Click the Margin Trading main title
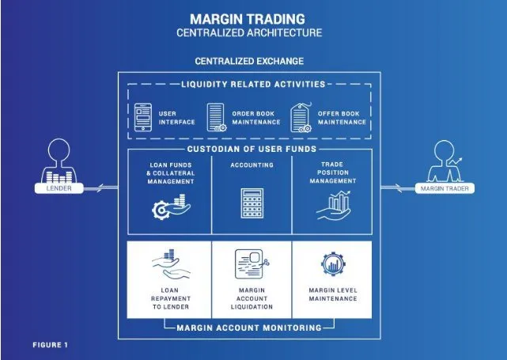pyautogui.click(x=248, y=19)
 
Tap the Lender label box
pyautogui.click(x=59, y=188)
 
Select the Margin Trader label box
pyautogui.click(x=445, y=188)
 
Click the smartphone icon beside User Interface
pyautogui.click(x=143, y=117)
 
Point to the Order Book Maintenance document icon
pyautogui.click(x=216, y=117)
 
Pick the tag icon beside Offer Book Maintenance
pyautogui.click(x=301, y=118)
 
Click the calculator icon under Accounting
pyautogui.click(x=252, y=203)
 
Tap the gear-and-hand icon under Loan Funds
pyautogui.click(x=171, y=207)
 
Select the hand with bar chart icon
pyautogui.click(x=333, y=206)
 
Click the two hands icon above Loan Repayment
pyautogui.click(x=171, y=264)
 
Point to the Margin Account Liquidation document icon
pyautogui.click(x=252, y=264)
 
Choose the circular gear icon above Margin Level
pyautogui.click(x=333, y=264)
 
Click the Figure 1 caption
pyautogui.click(x=50, y=345)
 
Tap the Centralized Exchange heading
pyautogui.click(x=249, y=61)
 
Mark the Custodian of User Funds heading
pyautogui.click(x=252, y=149)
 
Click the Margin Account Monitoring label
pyautogui.click(x=249, y=328)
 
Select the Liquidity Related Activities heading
pyautogui.click(x=253, y=85)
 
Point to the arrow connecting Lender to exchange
pyautogui.click(x=100, y=188)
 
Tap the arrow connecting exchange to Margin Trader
pyautogui.click(x=398, y=188)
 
